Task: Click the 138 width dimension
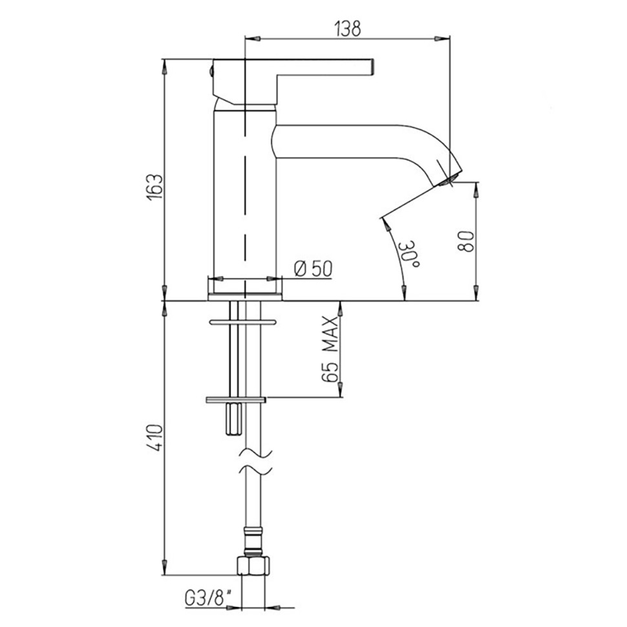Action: pyautogui.click(x=348, y=28)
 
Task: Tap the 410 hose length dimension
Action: pyautogui.click(x=156, y=438)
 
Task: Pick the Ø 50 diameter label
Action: pyautogui.click(x=313, y=269)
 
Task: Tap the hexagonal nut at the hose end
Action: pyautogui.click(x=253, y=566)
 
